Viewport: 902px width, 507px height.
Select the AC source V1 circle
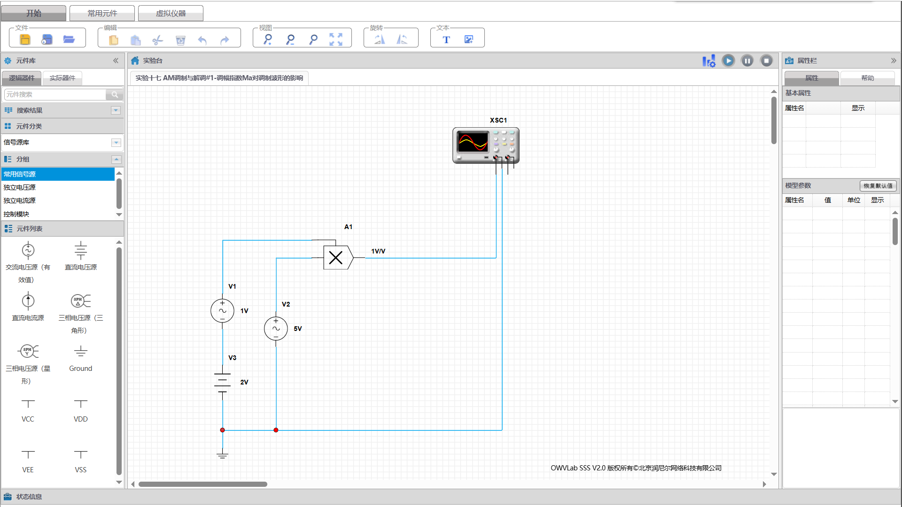click(223, 311)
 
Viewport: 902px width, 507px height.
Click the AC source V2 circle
click(276, 329)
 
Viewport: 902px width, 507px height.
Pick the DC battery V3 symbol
click(223, 382)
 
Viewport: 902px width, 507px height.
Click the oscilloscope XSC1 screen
click(473, 142)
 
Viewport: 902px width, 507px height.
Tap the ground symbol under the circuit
click(223, 454)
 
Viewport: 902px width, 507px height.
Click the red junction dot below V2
click(276, 430)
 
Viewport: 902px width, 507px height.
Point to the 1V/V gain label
click(378, 251)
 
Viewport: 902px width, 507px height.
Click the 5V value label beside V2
click(298, 329)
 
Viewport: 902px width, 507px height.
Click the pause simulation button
click(747, 61)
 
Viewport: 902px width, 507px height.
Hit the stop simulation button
click(767, 61)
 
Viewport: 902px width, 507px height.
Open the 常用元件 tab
click(102, 13)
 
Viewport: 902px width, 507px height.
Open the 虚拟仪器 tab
click(171, 13)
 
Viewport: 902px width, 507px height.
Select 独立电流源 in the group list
click(20, 200)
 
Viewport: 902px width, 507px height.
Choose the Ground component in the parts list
click(81, 359)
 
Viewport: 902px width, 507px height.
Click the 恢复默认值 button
click(878, 186)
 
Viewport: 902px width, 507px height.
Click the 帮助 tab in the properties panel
click(868, 78)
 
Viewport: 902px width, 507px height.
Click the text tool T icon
click(446, 40)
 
